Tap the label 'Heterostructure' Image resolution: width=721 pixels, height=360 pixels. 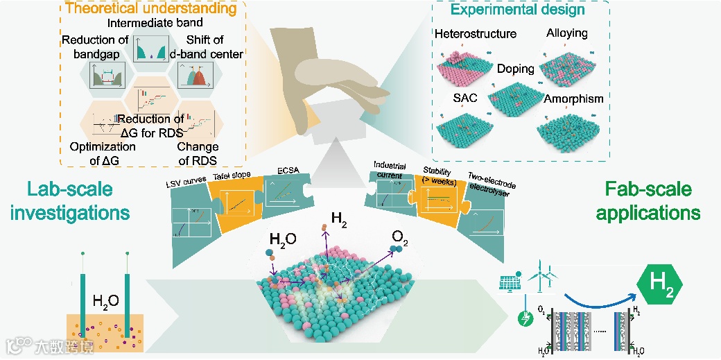(x=476, y=33)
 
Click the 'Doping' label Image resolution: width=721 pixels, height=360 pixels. (x=515, y=69)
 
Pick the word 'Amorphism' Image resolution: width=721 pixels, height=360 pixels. (x=573, y=98)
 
